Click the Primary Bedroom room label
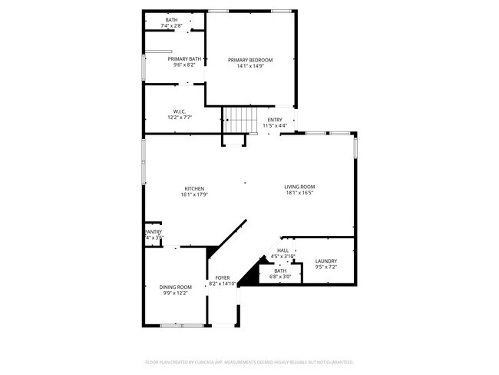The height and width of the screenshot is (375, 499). coord(250,59)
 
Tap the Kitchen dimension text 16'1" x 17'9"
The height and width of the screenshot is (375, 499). coord(194,195)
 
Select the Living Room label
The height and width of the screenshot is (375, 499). coord(299,187)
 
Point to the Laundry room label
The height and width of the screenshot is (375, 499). coord(326,261)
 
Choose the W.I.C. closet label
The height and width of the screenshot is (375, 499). coord(180,111)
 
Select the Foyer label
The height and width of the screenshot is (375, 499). coord(222,277)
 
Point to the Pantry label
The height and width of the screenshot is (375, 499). coord(154,232)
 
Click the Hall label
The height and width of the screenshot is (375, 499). coord(283,251)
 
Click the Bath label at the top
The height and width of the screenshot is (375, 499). coord(171,20)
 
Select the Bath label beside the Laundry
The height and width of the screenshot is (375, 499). coord(280,270)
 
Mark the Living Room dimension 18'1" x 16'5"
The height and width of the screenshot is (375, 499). coord(299,194)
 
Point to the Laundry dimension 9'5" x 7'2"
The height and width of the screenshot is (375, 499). coord(326,268)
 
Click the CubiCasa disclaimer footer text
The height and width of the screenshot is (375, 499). coord(249,361)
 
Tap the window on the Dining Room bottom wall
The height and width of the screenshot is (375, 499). coord(182,326)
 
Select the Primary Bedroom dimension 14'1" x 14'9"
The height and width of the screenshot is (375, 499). coord(250,66)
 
